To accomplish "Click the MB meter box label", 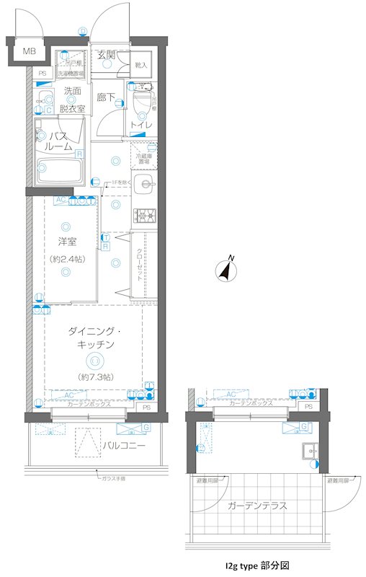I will pos(28,51).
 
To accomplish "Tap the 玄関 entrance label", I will pos(107,54).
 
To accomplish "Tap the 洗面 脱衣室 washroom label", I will pos(72,100).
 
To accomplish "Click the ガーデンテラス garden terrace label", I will pos(256,506).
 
